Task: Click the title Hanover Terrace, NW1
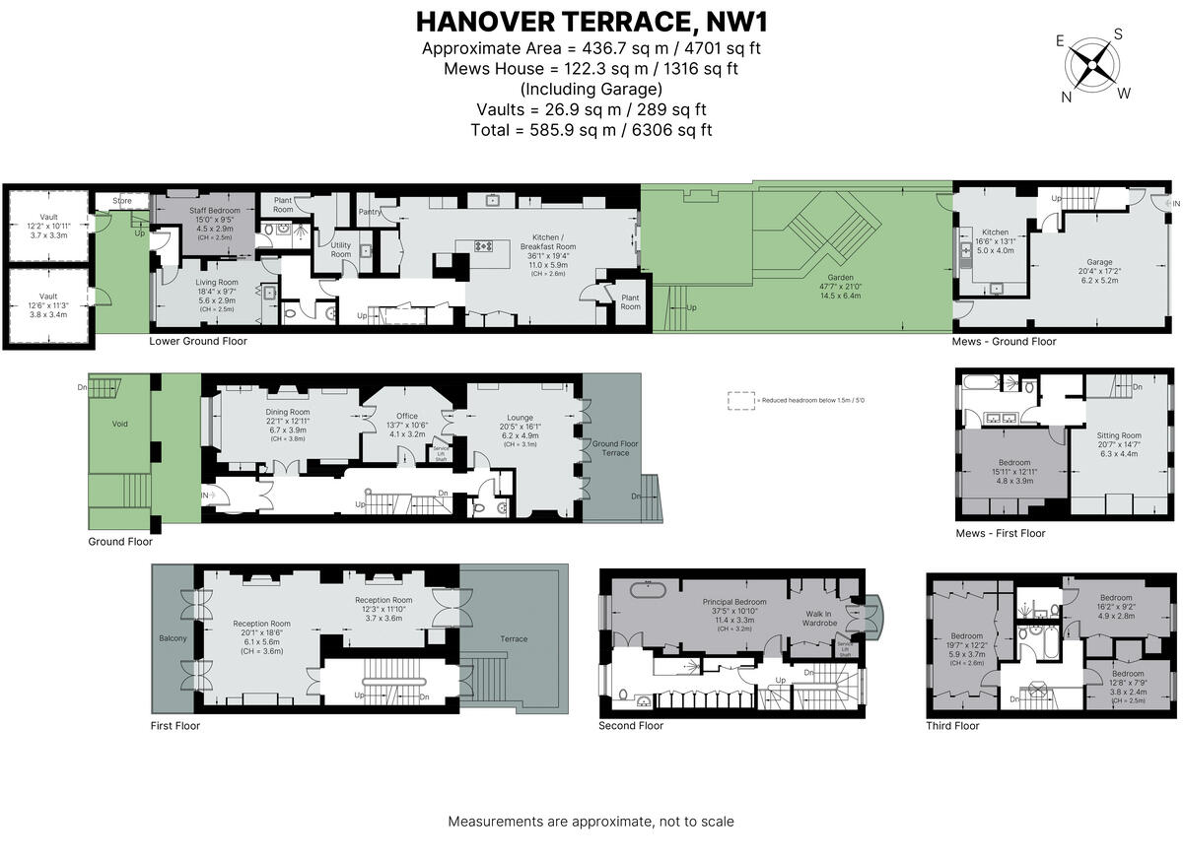coord(591,21)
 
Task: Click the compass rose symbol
coord(1093,66)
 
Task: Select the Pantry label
coord(371,211)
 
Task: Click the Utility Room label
coord(341,249)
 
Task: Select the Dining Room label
coord(287,412)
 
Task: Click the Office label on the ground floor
coord(407,416)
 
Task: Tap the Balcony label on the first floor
coord(172,639)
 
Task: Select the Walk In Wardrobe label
coord(819,617)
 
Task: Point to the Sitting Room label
coord(1118,435)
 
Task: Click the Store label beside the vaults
coord(121,201)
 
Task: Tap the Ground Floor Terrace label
coord(615,448)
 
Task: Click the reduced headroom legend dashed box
coord(738,401)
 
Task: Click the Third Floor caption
coord(952,726)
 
